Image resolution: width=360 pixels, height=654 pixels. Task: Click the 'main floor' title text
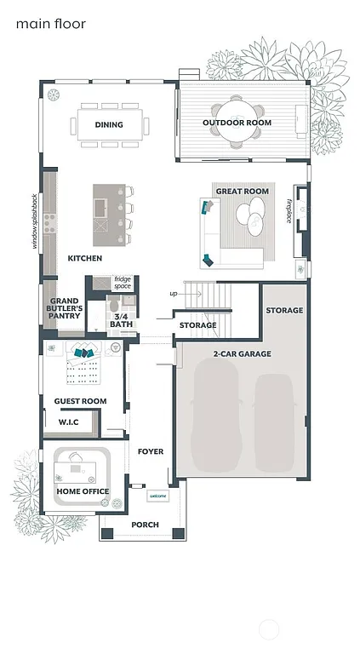tap(50, 25)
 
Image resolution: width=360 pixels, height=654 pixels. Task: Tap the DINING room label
tap(109, 125)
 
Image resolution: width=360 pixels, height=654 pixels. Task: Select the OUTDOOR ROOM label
tap(237, 123)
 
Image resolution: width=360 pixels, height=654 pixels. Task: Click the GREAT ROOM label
tap(242, 192)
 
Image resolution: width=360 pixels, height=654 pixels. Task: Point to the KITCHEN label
tap(85, 258)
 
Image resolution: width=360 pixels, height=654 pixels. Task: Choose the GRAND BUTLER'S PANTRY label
tap(65, 308)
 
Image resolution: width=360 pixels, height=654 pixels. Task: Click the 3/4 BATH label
tap(121, 320)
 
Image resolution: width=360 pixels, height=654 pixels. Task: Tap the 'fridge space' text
tap(123, 282)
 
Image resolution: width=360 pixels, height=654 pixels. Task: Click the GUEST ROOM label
tap(80, 401)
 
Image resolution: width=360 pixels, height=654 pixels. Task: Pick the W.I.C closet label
tap(69, 422)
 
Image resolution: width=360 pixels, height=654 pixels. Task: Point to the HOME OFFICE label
tap(83, 491)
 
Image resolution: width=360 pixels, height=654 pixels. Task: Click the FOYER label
tap(151, 451)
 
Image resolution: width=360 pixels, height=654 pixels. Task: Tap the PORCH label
tap(144, 525)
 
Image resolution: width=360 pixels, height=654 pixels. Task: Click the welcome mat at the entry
tap(157, 496)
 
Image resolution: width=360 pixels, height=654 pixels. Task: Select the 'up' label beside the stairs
tap(174, 294)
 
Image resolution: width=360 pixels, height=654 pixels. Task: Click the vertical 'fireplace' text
tap(289, 210)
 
